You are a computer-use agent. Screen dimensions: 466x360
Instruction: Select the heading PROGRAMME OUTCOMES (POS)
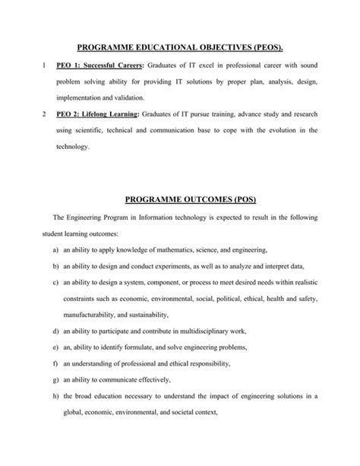click(x=180, y=200)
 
